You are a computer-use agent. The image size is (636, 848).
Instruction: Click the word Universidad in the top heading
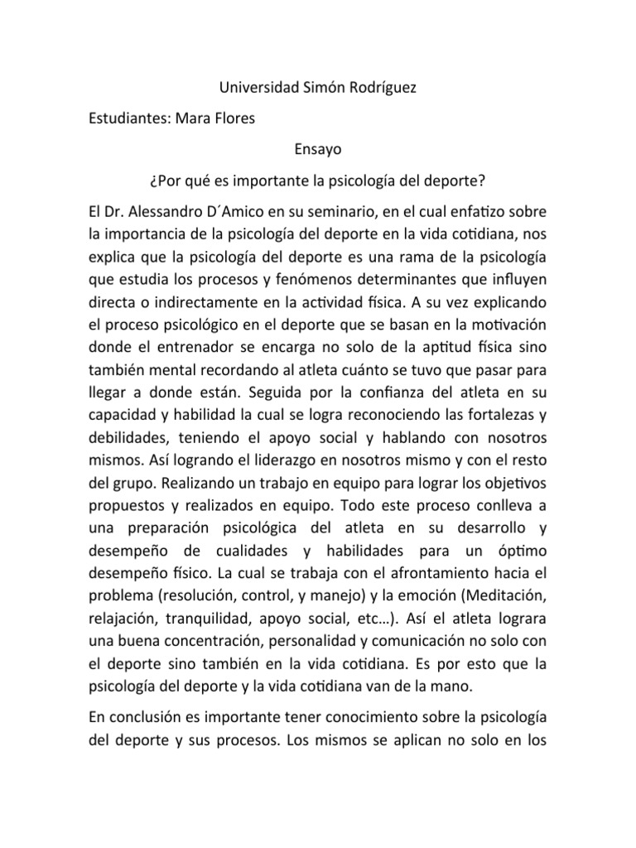248,87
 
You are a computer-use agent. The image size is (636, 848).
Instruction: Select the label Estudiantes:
128,118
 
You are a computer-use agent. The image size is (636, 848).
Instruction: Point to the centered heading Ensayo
317,150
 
